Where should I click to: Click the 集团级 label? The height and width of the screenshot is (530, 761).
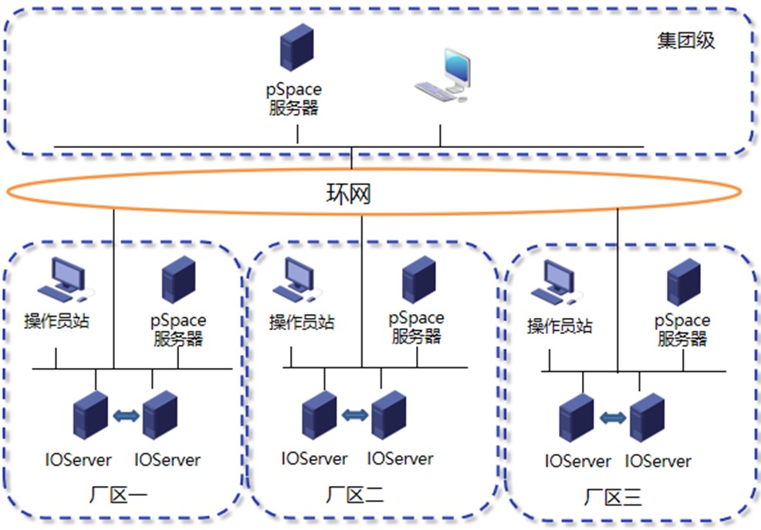pos(686,40)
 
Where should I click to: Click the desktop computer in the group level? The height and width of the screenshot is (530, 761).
pos(445,76)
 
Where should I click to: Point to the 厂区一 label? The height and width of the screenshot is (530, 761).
pos(123,495)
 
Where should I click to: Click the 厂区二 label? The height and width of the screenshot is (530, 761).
pos(355,495)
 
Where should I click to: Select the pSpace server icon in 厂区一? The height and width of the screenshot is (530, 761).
pos(178,280)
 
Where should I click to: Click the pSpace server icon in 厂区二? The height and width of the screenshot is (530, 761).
pos(418,279)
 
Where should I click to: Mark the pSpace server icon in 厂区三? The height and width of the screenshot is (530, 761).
pos(683,282)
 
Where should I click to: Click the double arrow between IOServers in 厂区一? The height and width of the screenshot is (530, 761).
pos(127,416)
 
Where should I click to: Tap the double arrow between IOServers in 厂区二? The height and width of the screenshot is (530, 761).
pos(355,415)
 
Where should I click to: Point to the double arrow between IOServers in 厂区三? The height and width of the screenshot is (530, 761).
pos(614,417)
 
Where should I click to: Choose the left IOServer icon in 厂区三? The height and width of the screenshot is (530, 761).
pos(577,417)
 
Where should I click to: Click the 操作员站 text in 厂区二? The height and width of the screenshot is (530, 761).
pos(302,322)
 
